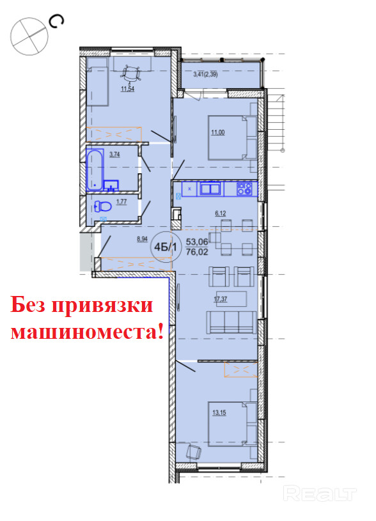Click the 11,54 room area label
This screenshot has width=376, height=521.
pos(128,89)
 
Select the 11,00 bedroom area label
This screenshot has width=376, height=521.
pos(218,132)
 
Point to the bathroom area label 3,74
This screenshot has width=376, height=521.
pos(114,154)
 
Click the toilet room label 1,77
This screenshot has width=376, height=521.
pos(121,202)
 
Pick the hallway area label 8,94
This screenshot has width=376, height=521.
pos(143,239)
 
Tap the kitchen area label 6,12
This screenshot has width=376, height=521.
pos(221,214)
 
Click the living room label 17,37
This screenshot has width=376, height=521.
pos(221,299)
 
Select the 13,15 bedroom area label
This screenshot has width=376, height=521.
pos(219,413)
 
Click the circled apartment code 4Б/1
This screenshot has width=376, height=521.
pos(165,247)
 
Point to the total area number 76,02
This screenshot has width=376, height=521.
pos(197,253)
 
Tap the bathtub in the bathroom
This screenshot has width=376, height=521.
pos(95,170)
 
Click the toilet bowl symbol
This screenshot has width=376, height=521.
pos(102,206)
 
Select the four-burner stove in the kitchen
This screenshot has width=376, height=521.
pos(244,189)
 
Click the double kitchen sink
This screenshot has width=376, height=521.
pos(210,189)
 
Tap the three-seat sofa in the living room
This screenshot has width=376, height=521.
pos(231,322)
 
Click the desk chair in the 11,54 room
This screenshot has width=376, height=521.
pos(131,74)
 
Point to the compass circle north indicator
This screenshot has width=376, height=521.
pos(29,36)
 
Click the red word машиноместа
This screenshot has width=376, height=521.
pos(88,331)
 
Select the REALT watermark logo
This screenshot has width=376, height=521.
pos(320,493)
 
